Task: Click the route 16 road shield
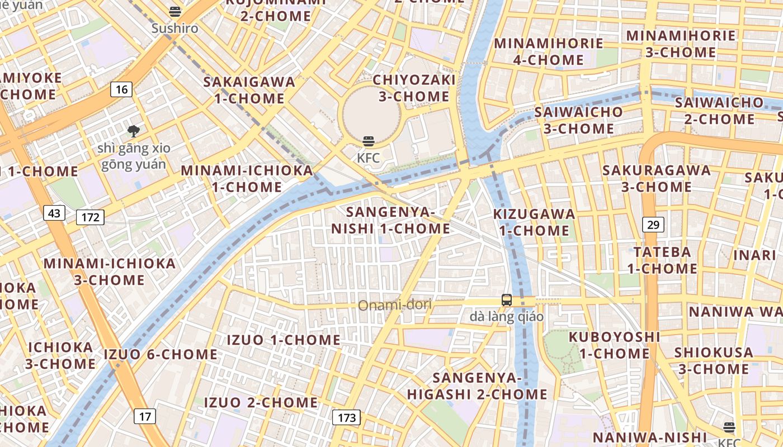(x=121, y=89)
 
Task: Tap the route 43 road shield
(x=54, y=213)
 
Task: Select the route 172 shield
(x=90, y=217)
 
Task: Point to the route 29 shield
(x=653, y=225)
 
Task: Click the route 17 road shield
(x=144, y=416)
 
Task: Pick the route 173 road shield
(x=347, y=417)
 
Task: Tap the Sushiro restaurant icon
(x=175, y=12)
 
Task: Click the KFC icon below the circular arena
(x=368, y=141)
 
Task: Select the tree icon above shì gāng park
(x=134, y=131)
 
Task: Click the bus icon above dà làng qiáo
(x=507, y=300)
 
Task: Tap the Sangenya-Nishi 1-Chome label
(x=390, y=220)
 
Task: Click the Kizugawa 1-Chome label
(x=534, y=222)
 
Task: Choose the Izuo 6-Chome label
(x=161, y=354)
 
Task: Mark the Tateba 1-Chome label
(x=662, y=260)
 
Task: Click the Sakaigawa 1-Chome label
(x=249, y=90)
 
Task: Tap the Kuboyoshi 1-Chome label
(x=614, y=345)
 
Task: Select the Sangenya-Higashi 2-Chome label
(x=477, y=386)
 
